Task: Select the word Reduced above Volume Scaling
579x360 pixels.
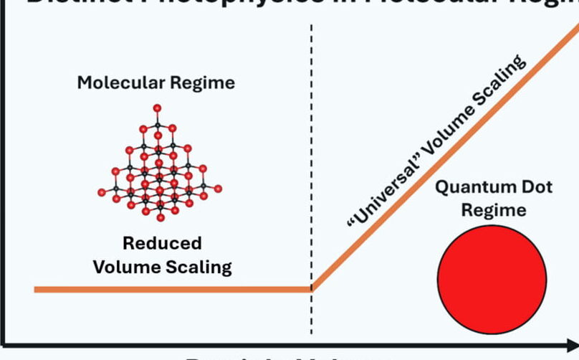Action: [x=162, y=243]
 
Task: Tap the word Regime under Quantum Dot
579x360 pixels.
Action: [x=493, y=210]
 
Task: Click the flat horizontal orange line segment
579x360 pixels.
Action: [x=172, y=289]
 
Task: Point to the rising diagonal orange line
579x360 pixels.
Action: [x=444, y=158]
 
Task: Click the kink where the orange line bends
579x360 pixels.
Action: [x=312, y=289]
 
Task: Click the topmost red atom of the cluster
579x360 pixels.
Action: [x=157, y=108]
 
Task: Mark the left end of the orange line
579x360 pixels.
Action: [x=36, y=289]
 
